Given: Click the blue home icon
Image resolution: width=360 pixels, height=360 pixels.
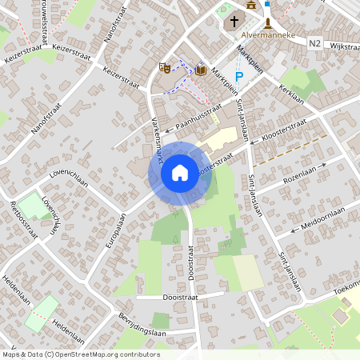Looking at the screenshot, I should [x=180, y=172].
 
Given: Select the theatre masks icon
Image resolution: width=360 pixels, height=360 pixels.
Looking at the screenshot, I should [x=165, y=68].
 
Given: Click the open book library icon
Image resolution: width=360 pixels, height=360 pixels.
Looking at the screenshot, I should [x=200, y=71].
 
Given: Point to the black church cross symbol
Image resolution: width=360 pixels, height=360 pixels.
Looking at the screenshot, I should [x=234, y=22].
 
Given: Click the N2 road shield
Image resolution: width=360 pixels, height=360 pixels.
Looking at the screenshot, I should [x=314, y=44].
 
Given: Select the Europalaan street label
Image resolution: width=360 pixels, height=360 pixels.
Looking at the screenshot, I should [x=117, y=229].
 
